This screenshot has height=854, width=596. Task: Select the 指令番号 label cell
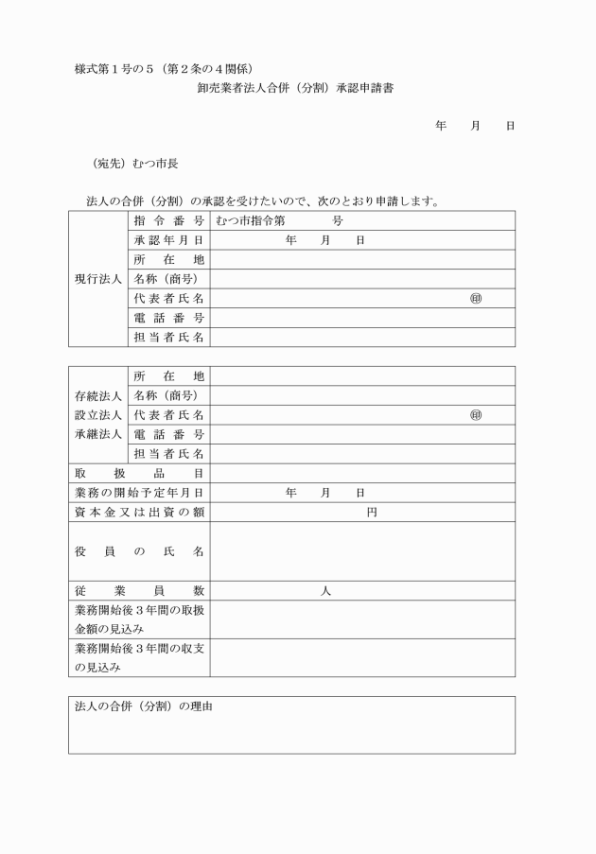[169, 220]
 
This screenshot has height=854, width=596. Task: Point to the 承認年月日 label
[169, 240]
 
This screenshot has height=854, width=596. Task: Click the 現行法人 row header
[97, 279]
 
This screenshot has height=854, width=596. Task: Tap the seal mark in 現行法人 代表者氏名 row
[475, 299]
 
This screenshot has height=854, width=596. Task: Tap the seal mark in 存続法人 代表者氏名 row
[475, 414]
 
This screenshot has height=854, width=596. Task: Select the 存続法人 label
[97, 395]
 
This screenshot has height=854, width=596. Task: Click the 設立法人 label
[97, 414]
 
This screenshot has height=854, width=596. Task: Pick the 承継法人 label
[97, 434]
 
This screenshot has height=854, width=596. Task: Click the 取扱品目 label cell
[139, 473]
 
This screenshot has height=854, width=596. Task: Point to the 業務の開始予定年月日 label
[139, 493]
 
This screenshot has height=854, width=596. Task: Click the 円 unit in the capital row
[372, 513]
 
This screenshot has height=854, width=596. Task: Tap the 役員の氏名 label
[139, 550]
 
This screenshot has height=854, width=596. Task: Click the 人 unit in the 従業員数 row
[324, 590]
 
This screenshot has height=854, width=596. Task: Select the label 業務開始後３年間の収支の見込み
[139, 657]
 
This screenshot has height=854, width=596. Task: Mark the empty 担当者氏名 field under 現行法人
[362, 337]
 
